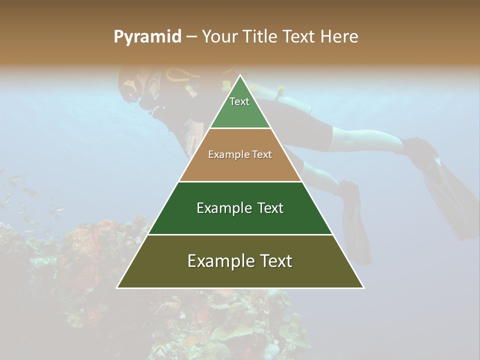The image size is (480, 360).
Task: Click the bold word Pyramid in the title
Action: pyautogui.click(x=147, y=37)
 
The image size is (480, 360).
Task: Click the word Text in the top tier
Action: pyautogui.click(x=239, y=101)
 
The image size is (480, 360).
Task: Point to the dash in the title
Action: pyautogui.click(x=191, y=37)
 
